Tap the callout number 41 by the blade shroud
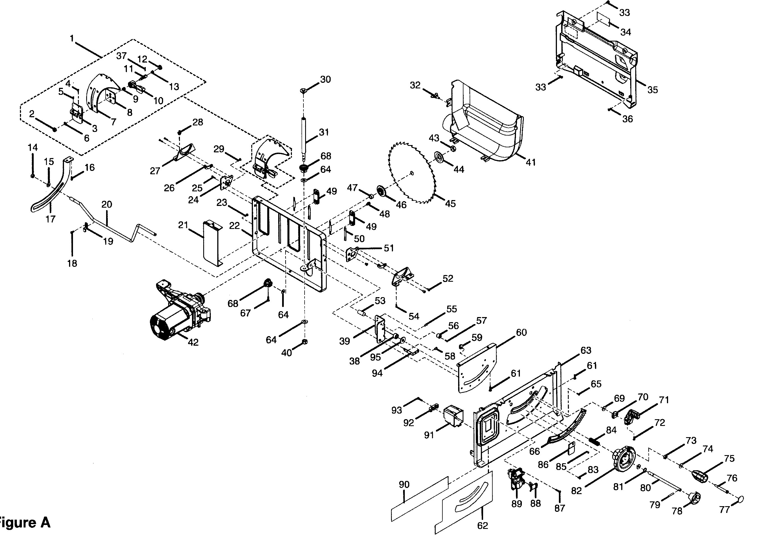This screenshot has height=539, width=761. click(x=531, y=162)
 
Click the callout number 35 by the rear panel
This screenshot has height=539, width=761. click(x=652, y=90)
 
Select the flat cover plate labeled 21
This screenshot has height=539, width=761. click(x=212, y=242)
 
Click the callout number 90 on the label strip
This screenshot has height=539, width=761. click(x=404, y=485)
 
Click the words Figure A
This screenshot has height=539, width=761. click(x=25, y=522)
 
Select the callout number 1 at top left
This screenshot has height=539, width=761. click(x=72, y=38)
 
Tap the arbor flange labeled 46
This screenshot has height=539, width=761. click(x=383, y=192)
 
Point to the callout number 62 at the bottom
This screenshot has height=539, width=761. click(x=483, y=526)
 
